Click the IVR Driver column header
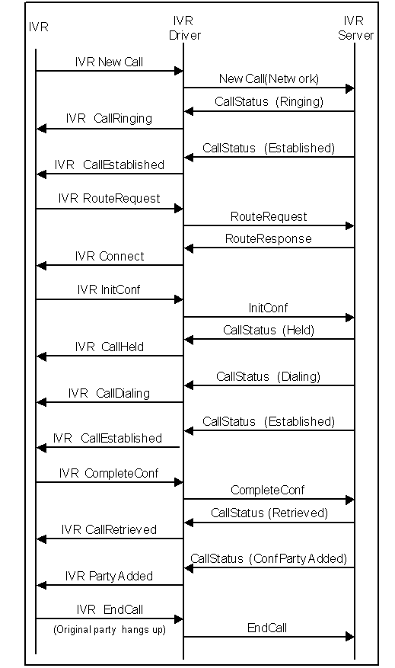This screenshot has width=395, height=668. pos(183,27)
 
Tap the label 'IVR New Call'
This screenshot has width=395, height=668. pos(109,62)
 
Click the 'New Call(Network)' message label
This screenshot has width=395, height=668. pos(269,78)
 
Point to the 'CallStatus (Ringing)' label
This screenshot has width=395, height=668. pos(269,101)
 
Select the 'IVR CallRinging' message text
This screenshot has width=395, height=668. pos(109,118)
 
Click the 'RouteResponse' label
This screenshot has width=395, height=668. pos(268,238)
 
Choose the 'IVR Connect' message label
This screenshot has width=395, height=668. pos(109,256)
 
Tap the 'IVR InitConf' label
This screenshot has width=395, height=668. pos(108,289)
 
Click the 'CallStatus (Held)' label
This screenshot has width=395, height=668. pos(269,330)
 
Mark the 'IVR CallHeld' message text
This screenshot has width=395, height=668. pos(109,347)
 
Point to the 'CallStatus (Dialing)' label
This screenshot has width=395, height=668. pos(269,376)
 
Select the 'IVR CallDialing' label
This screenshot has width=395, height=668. pos(109,393)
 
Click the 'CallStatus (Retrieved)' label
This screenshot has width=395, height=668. pos(269,513)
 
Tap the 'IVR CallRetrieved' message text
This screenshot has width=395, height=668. pos(109,529)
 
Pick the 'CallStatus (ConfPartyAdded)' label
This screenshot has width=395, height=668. pos(269,558)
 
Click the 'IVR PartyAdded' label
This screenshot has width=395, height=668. pos(109,576)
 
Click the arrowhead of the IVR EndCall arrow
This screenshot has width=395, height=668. pos(179,619)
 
